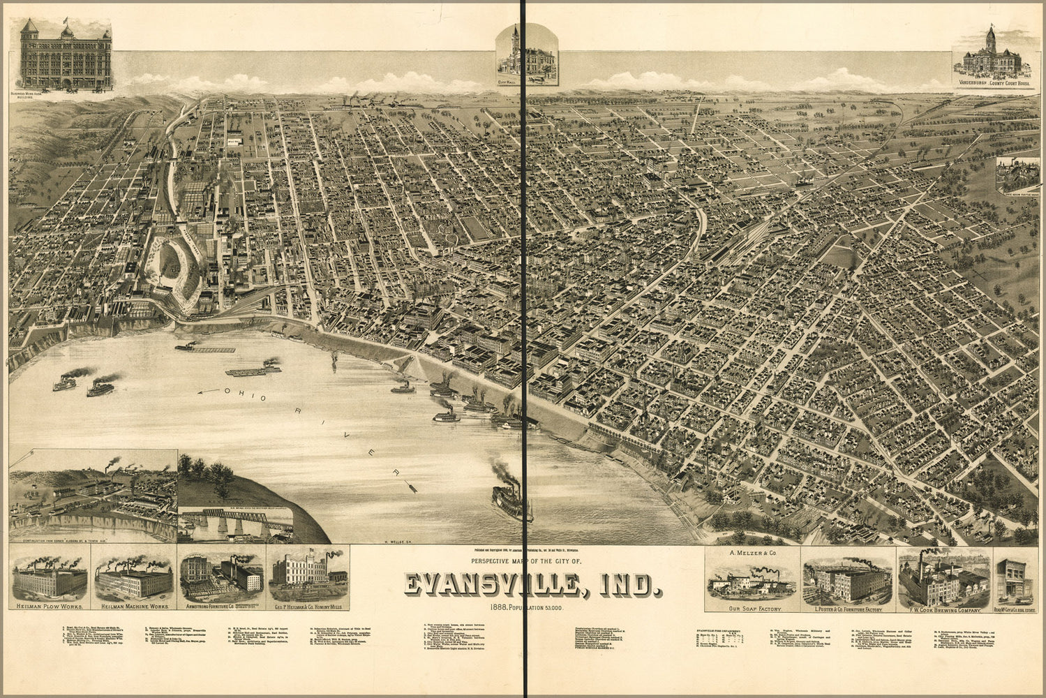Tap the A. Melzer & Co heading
(x=752, y=553)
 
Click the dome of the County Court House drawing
(x=990, y=38)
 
